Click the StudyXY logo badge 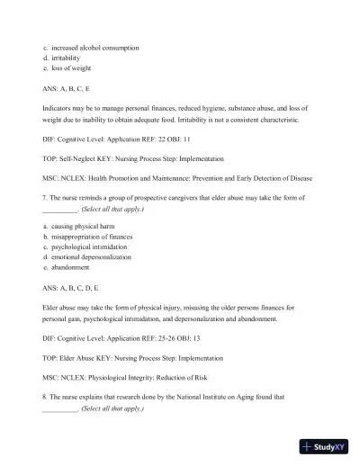[x=327, y=445]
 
